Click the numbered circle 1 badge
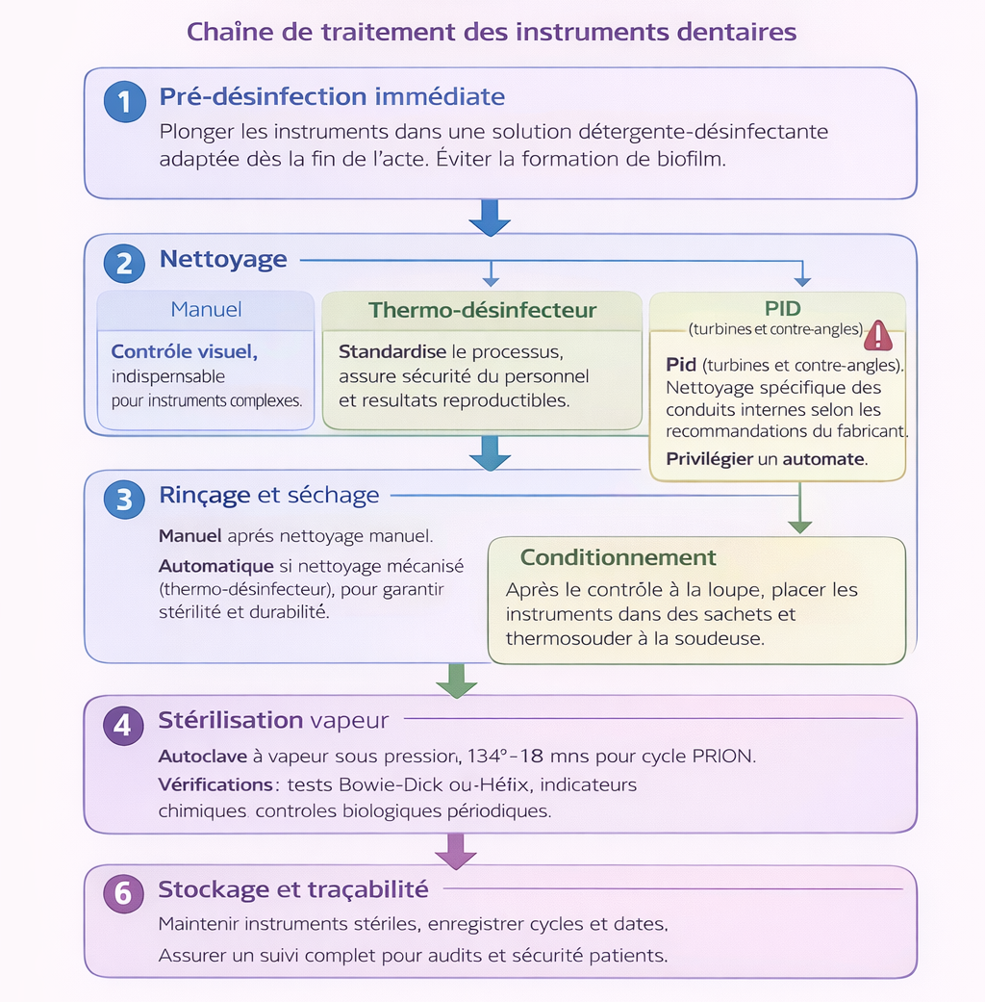tap(124, 102)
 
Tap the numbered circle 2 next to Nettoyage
tap(124, 263)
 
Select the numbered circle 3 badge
tap(124, 500)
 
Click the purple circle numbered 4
tap(122, 725)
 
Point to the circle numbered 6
tap(122, 893)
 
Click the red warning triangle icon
tap(877, 335)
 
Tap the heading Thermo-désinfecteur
tap(482, 311)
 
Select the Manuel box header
tap(206, 310)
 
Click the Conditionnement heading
tap(618, 558)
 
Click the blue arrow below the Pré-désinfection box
tap(490, 218)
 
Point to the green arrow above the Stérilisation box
tap(456, 681)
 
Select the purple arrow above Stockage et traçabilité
tap(456, 851)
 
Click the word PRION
tap(723, 756)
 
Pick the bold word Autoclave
tap(202, 756)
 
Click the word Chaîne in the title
tap(225, 32)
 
